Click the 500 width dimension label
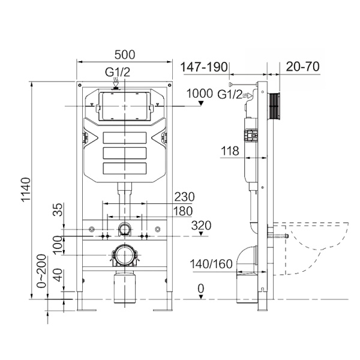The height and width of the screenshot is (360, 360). coord(124,54)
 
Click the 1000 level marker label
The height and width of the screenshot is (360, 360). coord(200,94)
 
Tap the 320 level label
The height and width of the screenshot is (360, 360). coord(202,226)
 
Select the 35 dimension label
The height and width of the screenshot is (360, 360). coord(58,209)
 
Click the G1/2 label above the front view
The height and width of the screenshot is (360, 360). coord(117,73)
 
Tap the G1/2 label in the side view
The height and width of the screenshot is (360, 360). coord(229,94)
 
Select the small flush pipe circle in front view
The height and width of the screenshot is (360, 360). coord(124,229)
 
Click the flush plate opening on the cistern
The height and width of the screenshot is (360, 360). coord(124,106)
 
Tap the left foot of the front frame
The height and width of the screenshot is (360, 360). coord(85,308)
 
